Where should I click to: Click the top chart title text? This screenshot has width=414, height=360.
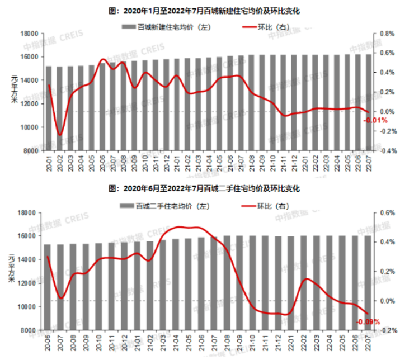point(206,9)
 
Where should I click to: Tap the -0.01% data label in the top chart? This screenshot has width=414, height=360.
point(372,120)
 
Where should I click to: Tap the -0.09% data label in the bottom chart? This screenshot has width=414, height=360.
point(368,322)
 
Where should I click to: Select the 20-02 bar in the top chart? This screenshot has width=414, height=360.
point(59,109)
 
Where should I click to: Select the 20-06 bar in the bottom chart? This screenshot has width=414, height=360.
point(47,287)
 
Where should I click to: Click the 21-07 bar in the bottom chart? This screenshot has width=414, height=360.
point(214,283)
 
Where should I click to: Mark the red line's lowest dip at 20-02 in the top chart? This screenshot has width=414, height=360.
point(60,135)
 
